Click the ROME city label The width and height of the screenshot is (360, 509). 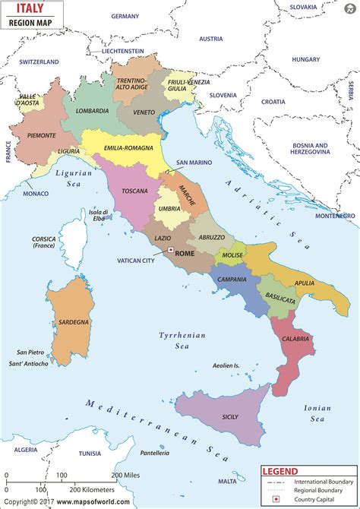point(185,254)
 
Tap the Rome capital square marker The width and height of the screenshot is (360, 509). point(171,250)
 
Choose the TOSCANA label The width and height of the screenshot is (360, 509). point(134,191)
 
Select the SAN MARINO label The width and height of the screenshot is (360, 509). point(193,163)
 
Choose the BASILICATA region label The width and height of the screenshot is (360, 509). point(279,300)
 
